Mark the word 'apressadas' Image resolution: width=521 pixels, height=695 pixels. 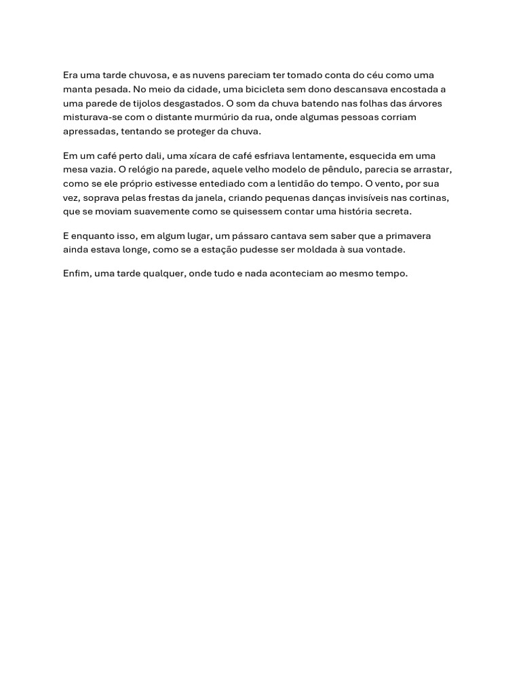88,132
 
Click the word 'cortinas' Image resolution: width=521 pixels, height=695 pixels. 429,198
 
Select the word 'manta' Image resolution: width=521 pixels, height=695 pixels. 77,90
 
